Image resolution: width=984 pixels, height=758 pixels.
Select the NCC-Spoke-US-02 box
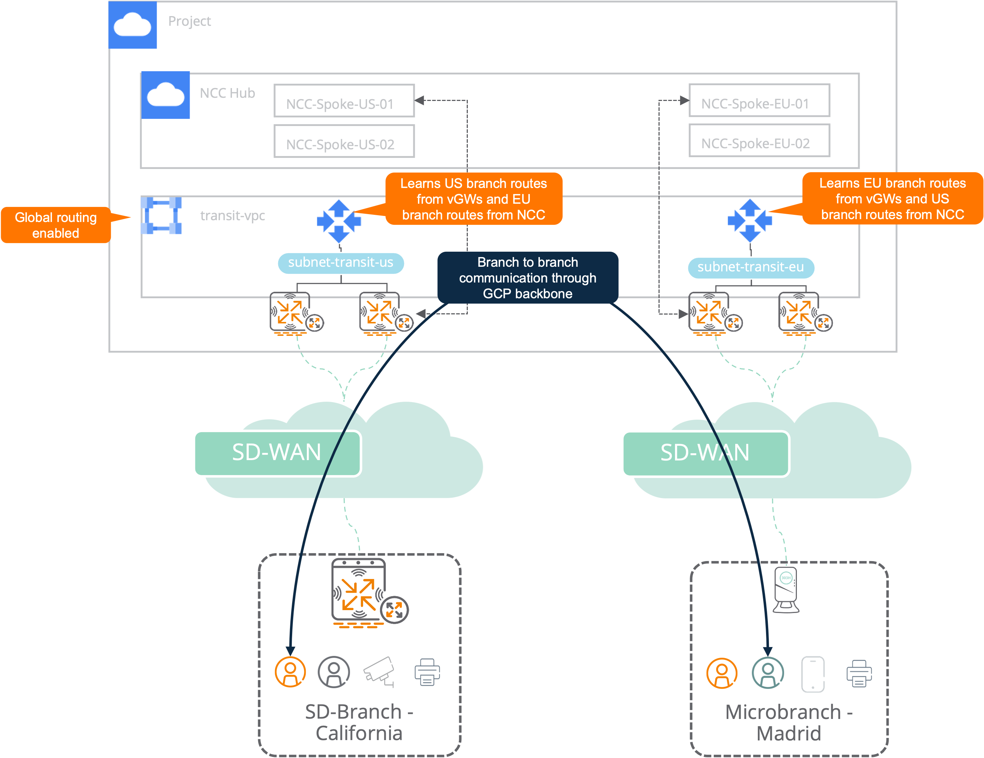344,141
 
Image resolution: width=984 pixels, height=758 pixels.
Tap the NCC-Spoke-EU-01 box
759,100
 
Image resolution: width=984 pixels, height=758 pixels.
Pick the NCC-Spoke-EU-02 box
759,140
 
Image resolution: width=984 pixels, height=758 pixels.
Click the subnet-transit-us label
341,263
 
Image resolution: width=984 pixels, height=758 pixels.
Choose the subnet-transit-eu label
751,268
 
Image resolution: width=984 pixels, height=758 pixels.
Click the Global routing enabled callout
56,225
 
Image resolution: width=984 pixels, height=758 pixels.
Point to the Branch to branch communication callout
528,278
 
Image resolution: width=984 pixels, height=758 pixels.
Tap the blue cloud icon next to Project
133,24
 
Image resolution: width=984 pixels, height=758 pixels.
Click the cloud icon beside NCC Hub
165,95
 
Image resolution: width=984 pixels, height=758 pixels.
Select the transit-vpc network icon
161,215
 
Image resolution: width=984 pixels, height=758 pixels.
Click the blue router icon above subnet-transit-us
339,221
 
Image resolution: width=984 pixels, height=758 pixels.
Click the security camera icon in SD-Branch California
379,672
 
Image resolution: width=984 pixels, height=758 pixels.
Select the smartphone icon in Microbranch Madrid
813,674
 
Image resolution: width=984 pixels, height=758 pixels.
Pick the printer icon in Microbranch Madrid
859,673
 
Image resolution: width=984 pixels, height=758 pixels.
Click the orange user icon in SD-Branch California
290,672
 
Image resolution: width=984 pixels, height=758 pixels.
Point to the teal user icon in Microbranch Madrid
768,673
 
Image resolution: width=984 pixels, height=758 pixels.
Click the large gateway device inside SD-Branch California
360,590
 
